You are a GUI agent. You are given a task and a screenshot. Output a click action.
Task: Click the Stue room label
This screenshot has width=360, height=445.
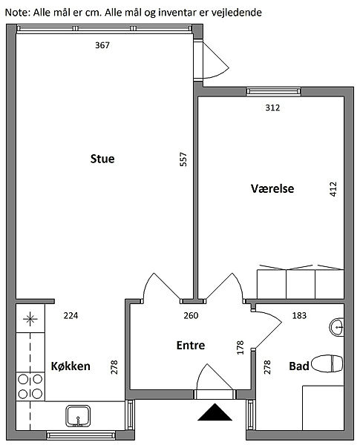(102, 159)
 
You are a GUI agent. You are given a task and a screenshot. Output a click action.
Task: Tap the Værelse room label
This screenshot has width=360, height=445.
(272, 188)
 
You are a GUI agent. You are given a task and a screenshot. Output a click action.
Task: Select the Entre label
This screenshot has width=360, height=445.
(191, 345)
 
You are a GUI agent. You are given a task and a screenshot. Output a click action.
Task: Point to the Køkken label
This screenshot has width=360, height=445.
(71, 366)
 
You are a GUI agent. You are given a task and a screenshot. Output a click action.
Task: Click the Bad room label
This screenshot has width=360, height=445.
(299, 366)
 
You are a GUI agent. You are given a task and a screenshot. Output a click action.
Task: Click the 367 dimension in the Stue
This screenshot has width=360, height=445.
(102, 45)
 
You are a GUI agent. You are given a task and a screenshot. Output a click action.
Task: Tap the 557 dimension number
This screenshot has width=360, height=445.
(183, 159)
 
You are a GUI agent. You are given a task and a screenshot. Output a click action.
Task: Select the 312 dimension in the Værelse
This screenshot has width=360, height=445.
(272, 108)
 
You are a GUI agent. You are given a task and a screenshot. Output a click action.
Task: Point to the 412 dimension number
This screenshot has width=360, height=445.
(333, 189)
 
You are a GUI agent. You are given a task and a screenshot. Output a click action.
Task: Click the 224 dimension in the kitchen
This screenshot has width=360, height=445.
(71, 316)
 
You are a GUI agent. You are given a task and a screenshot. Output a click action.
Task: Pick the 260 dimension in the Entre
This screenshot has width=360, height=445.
(191, 316)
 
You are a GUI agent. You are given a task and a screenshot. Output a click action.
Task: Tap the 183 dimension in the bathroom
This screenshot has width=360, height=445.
(299, 316)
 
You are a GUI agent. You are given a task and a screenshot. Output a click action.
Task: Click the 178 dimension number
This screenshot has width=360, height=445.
(240, 347)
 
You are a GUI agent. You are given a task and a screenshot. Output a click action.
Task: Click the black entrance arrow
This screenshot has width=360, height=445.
(215, 412)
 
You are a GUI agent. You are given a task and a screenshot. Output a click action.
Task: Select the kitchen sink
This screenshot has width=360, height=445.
(78, 416)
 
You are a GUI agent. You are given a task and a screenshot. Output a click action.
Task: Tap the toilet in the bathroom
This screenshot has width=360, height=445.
(327, 363)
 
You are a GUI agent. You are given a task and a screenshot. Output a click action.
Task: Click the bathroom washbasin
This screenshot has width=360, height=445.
(337, 327)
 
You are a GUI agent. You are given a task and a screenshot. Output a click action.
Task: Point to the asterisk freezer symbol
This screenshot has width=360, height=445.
(30, 319)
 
